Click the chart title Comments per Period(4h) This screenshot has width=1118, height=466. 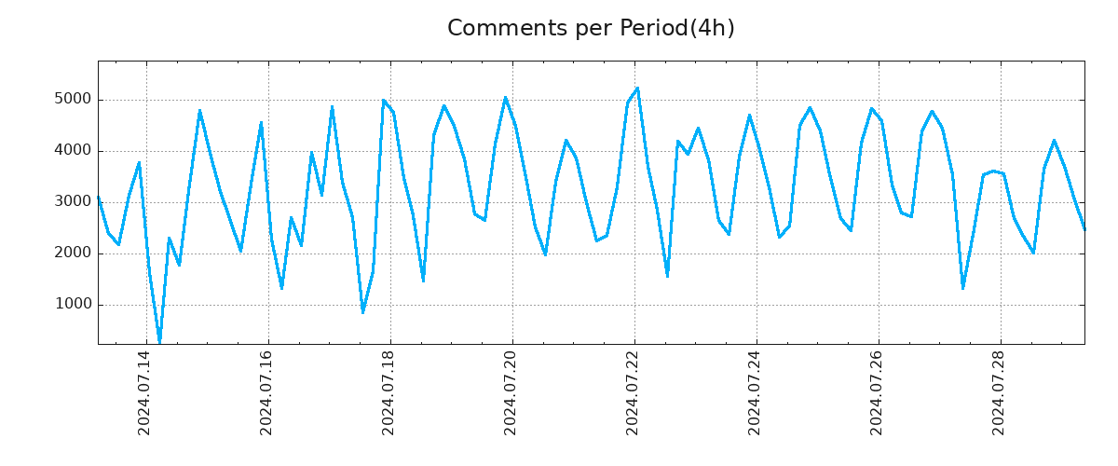click(x=591, y=29)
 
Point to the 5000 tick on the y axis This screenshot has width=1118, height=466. click(x=72, y=100)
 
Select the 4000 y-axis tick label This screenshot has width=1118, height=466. click(x=72, y=151)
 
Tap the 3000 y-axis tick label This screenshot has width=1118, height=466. click(x=72, y=202)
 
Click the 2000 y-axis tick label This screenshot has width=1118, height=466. click(x=72, y=254)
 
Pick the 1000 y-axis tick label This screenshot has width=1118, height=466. click(x=72, y=305)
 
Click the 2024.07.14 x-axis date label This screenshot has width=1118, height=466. click(x=144, y=392)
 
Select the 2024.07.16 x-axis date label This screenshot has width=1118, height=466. click(x=266, y=392)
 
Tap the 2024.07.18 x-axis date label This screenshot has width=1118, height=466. click(x=389, y=392)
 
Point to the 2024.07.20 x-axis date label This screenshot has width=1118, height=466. click(x=511, y=392)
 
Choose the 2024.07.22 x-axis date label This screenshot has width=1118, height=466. click(x=633, y=392)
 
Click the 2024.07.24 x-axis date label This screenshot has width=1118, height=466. click(x=755, y=392)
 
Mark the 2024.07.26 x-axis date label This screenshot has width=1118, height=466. click(x=877, y=392)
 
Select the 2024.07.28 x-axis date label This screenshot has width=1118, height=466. click(x=999, y=392)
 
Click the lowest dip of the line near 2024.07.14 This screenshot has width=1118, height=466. click(x=159, y=342)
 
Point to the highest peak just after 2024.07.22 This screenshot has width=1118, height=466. click(x=637, y=89)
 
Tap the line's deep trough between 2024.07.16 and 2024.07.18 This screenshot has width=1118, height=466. click(x=362, y=312)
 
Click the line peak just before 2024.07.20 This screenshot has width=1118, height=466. click(x=505, y=97)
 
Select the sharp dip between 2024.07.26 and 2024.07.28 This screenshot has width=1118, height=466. click(x=962, y=288)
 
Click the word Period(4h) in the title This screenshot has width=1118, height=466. click(x=677, y=29)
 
